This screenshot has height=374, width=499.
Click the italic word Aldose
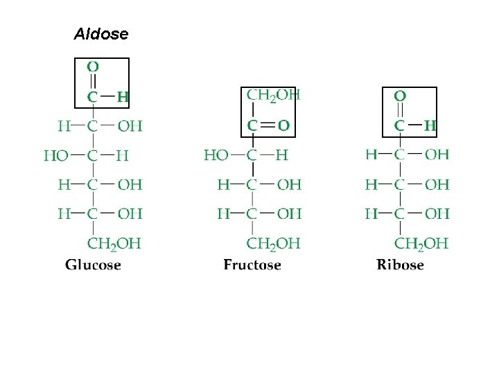[x=101, y=34]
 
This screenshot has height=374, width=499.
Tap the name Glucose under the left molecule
[x=93, y=265]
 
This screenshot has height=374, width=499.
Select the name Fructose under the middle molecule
[x=252, y=265]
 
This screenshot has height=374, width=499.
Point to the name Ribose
[x=400, y=265]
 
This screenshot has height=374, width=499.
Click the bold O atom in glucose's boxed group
[x=93, y=67]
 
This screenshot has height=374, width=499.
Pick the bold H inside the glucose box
[x=123, y=97]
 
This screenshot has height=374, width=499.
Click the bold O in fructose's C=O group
[x=284, y=125]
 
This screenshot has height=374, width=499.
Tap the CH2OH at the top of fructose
[x=273, y=96]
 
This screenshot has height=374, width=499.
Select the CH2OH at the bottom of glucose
[x=114, y=244]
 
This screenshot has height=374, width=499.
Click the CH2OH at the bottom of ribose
[x=421, y=244]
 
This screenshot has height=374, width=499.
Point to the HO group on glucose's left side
[x=56, y=156]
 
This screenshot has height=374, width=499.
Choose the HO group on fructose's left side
[x=216, y=156]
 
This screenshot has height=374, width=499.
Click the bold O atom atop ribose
[x=400, y=96]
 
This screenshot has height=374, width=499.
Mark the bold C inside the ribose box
[x=399, y=126]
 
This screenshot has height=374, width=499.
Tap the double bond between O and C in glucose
[x=93, y=82]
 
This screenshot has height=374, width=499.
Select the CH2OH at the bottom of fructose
[x=273, y=244]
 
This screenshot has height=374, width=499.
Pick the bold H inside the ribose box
[x=430, y=126]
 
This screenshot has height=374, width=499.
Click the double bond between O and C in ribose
[x=400, y=111]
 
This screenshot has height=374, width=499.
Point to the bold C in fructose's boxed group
[x=252, y=126]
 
